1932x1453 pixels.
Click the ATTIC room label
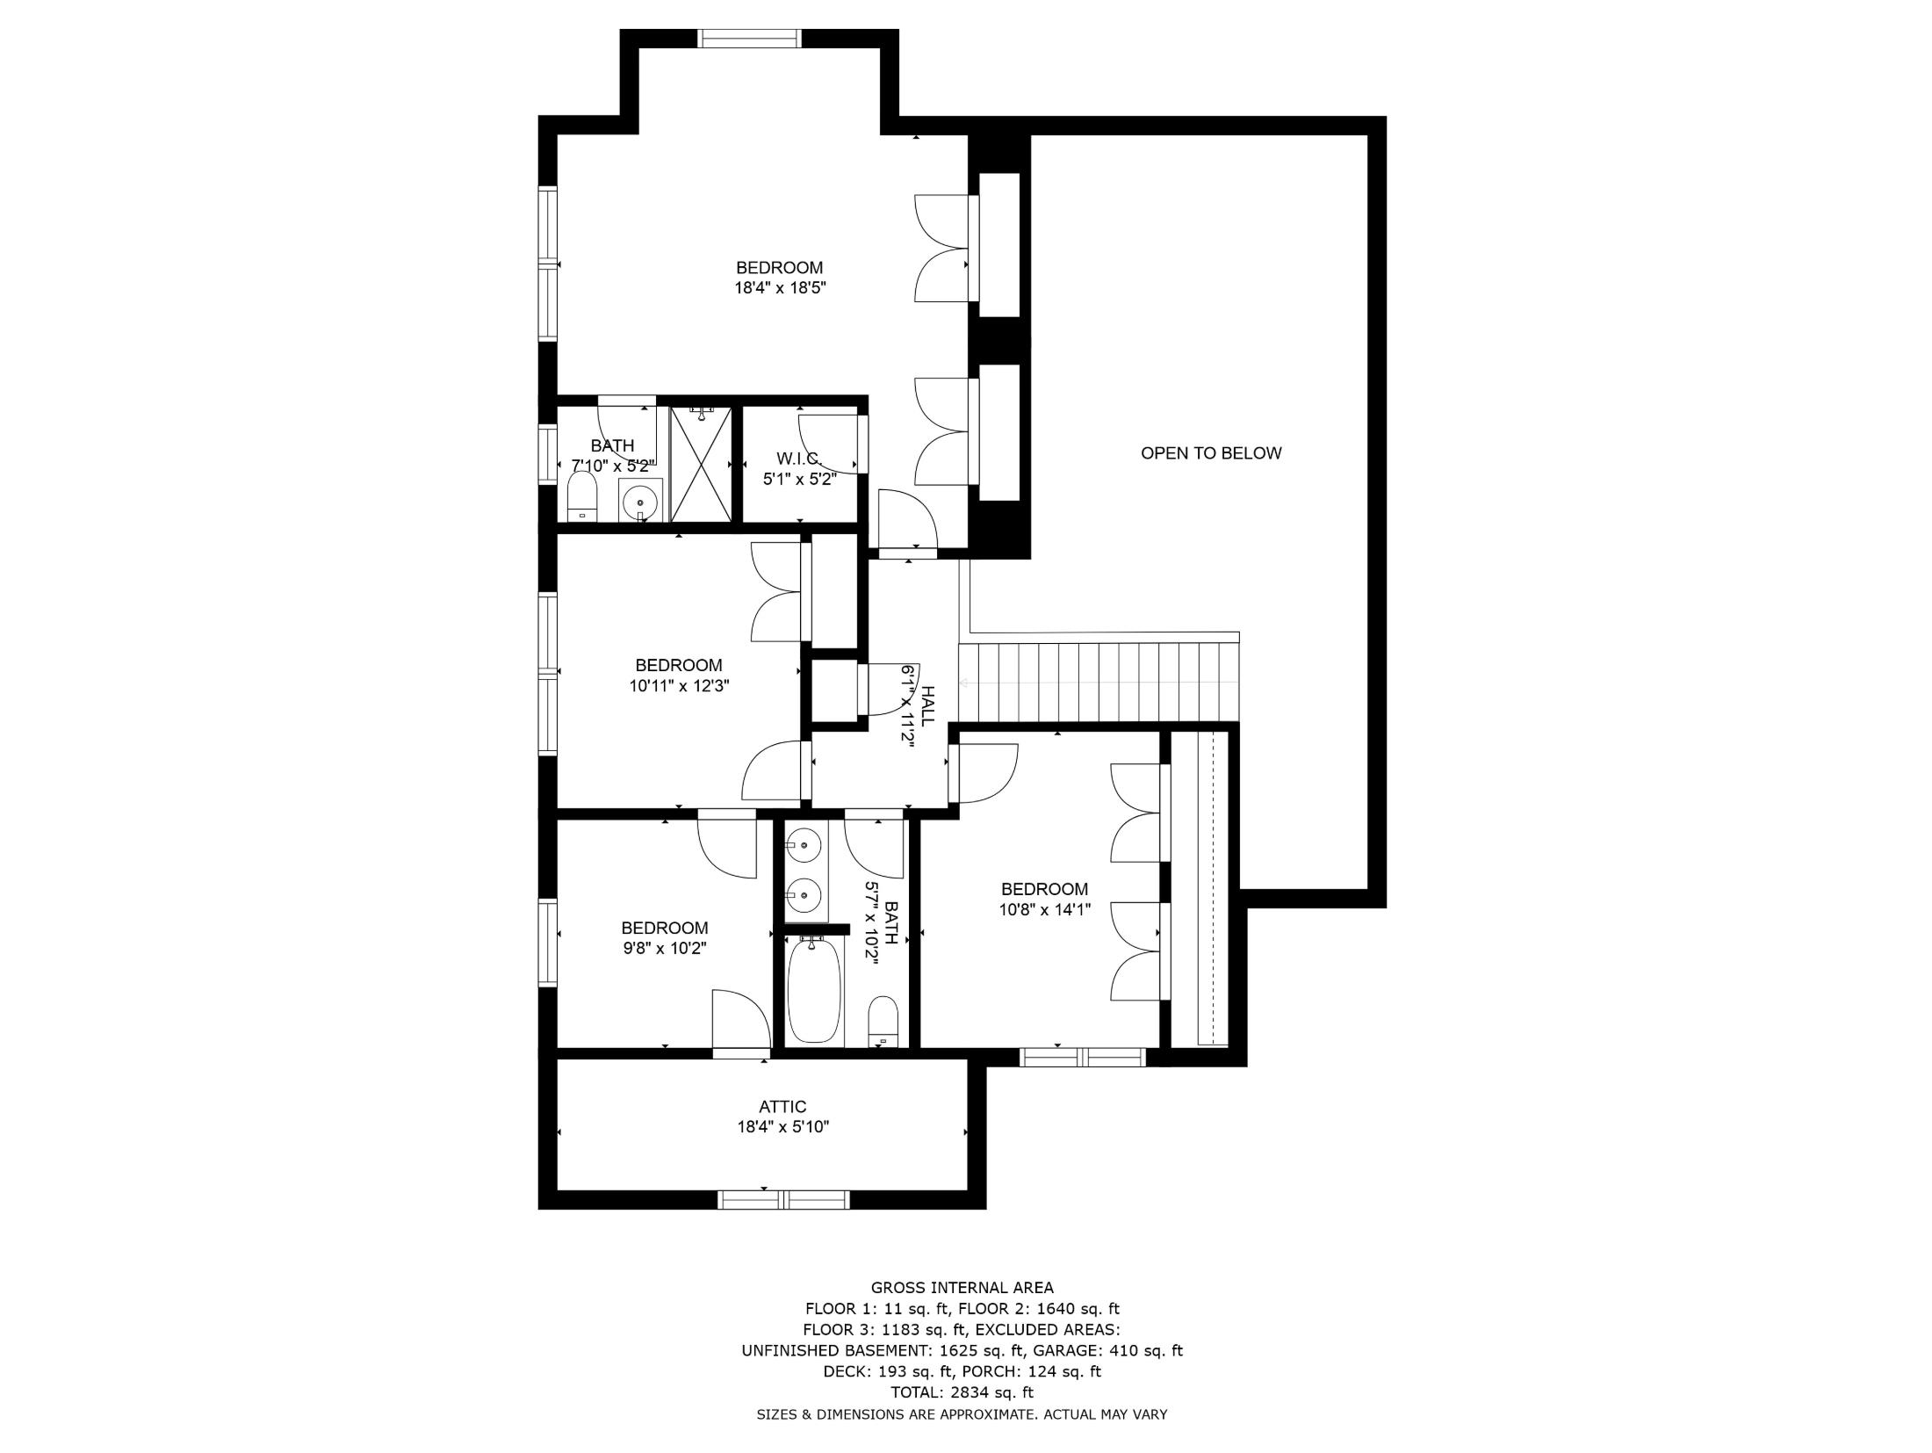(x=782, y=1107)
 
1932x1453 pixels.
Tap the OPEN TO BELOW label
(x=1210, y=453)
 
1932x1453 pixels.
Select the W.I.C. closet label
(x=798, y=459)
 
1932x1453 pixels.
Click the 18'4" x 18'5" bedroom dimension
(x=781, y=287)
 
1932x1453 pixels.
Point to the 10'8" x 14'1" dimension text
(x=1044, y=910)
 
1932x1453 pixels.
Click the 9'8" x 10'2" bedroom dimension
(x=664, y=948)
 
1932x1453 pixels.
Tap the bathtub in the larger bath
(x=814, y=990)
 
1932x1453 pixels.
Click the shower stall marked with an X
(x=700, y=466)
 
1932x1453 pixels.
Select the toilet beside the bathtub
(x=883, y=1022)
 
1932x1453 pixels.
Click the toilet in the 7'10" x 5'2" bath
(x=582, y=497)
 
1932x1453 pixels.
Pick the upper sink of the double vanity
(x=804, y=846)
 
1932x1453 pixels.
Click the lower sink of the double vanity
(x=804, y=895)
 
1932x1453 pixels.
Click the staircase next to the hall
(x=1098, y=683)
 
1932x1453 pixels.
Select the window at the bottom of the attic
(x=783, y=1199)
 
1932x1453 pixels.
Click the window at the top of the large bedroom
(x=749, y=38)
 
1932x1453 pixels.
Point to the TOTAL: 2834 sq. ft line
(x=962, y=1392)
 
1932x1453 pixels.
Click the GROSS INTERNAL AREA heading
(x=962, y=1288)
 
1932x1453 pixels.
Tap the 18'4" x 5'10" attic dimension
(x=782, y=1127)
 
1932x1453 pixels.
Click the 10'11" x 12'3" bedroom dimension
(x=679, y=685)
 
